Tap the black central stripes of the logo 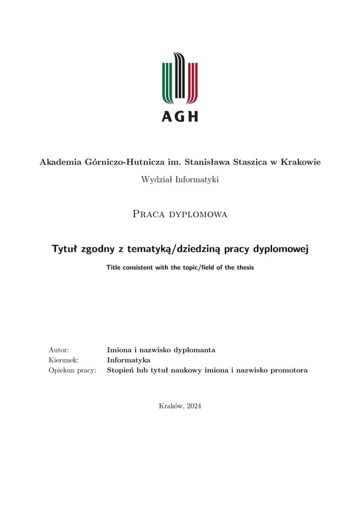(180, 77)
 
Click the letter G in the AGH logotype (180, 116)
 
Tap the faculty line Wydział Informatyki (180, 179)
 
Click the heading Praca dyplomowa (180, 214)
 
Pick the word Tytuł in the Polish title (65, 249)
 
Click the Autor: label (58, 350)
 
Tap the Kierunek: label (63, 360)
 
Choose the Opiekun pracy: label (72, 371)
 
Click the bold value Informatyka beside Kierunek (128, 360)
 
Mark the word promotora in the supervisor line (288, 371)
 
